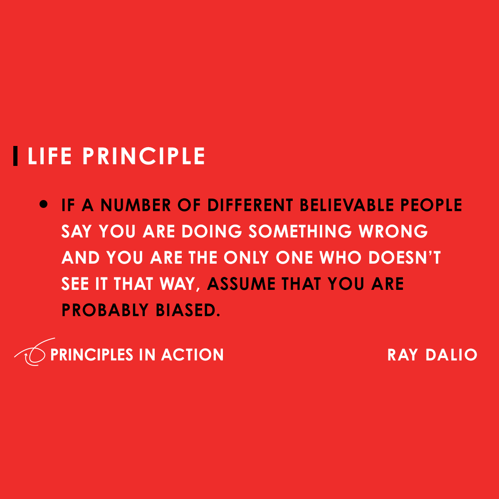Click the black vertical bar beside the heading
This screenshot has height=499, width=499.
15,156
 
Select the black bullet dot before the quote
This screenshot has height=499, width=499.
44,205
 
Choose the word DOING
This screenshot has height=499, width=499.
212,232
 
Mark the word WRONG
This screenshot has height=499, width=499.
393,232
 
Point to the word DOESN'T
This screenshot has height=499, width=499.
404,258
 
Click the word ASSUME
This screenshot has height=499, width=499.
242,284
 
